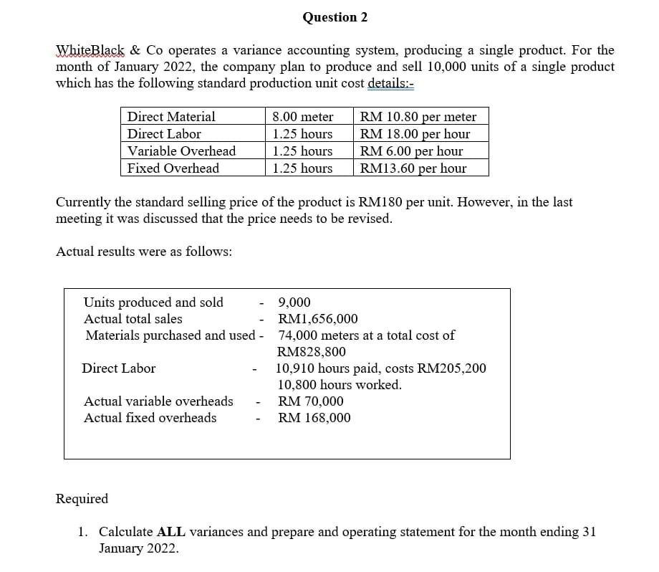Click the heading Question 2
pyautogui.click(x=335, y=17)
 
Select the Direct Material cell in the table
pyautogui.click(x=171, y=117)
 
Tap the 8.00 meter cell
pyautogui.click(x=303, y=117)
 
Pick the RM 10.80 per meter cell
pyautogui.click(x=418, y=117)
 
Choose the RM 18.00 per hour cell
pyautogui.click(x=415, y=134)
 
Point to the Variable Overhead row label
pyautogui.click(x=181, y=151)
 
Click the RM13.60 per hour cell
pyautogui.click(x=413, y=168)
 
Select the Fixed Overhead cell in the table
pyautogui.click(x=173, y=168)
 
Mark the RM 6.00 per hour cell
pyautogui.click(x=412, y=151)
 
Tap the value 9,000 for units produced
pyautogui.click(x=294, y=302)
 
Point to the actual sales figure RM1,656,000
pyautogui.click(x=318, y=319)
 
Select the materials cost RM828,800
pyautogui.click(x=311, y=352)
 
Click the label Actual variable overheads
pyautogui.click(x=158, y=401)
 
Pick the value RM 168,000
pyautogui.click(x=314, y=418)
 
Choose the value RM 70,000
pyautogui.click(x=311, y=401)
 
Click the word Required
pyautogui.click(x=82, y=499)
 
